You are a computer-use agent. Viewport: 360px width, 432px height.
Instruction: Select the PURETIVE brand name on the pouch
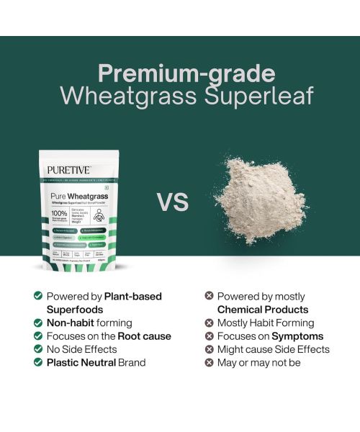tap(70, 171)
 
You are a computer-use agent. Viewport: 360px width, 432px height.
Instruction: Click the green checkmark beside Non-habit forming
tap(37, 323)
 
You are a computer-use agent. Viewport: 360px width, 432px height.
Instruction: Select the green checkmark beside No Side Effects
tap(37, 349)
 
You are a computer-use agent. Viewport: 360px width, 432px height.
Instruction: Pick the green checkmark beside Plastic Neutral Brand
tap(37, 362)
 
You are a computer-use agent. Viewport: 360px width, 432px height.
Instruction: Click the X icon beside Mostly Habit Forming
tap(209, 323)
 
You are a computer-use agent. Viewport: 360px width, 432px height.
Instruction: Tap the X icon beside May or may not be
tap(209, 362)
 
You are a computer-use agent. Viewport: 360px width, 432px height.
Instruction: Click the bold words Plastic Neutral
tap(80, 362)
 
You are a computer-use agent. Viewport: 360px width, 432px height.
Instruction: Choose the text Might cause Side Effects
tap(273, 349)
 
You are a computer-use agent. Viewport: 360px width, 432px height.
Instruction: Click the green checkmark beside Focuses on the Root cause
tap(37, 336)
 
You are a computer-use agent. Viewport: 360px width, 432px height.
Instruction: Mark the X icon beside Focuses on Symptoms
tap(209, 336)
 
